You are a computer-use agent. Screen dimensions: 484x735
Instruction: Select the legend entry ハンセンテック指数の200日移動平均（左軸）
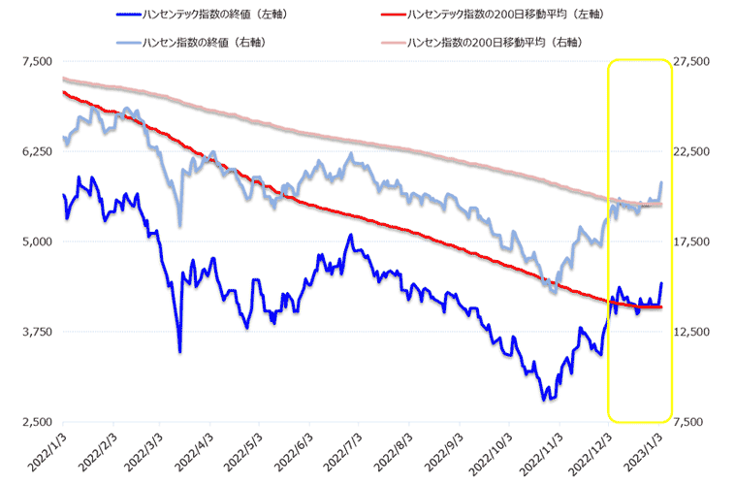pos(481,14)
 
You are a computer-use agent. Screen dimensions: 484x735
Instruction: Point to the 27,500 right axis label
pos(694,61)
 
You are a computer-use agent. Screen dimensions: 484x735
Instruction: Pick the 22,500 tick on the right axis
pos(694,151)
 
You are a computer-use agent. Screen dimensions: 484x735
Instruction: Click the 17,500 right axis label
pos(694,242)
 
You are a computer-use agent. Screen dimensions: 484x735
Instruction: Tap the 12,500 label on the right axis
pos(694,332)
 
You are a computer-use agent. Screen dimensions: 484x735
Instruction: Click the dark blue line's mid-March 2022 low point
pos(180,351)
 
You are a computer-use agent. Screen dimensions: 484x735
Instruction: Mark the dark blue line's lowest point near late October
pos(545,399)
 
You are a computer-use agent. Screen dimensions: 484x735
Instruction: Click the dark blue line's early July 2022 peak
pos(351,236)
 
